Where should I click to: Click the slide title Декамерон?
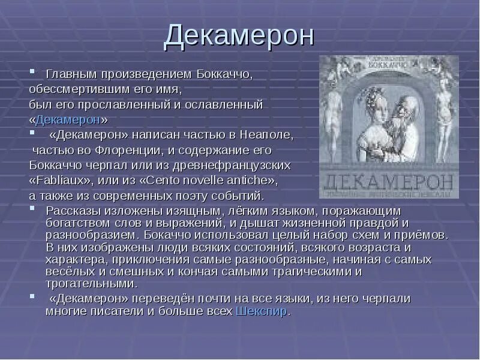pyautogui.click(x=239, y=35)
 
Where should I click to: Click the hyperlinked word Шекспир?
pyautogui.click(x=262, y=311)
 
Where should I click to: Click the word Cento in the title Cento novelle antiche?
pyautogui.click(x=164, y=180)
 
